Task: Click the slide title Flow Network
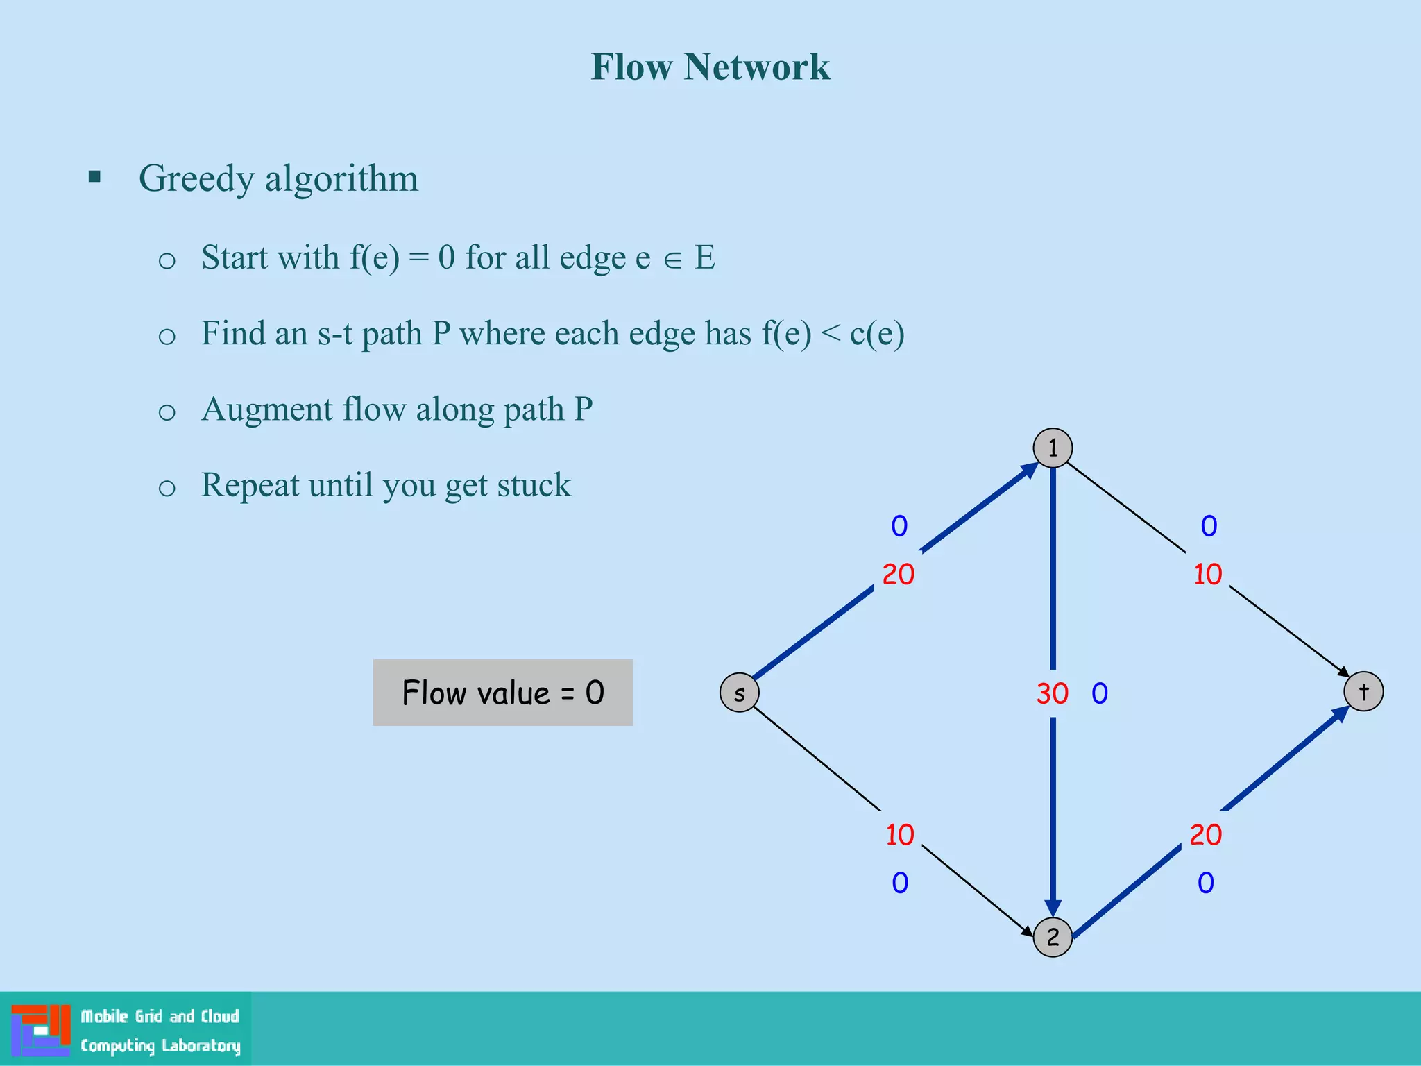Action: click(x=710, y=67)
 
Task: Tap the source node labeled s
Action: click(x=740, y=693)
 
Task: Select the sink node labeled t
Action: click(x=1363, y=692)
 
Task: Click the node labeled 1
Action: click(x=1053, y=448)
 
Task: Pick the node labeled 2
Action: click(x=1053, y=937)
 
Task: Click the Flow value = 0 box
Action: click(x=502, y=693)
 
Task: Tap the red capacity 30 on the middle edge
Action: click(x=1052, y=693)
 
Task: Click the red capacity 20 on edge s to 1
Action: click(x=898, y=575)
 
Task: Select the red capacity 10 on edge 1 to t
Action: click(x=1207, y=575)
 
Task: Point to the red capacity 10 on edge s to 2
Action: click(x=900, y=835)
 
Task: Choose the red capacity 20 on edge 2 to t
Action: click(x=1205, y=835)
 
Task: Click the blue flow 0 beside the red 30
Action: click(x=1100, y=693)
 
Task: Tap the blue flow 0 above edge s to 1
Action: click(x=899, y=526)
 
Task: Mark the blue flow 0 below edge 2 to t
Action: click(x=1206, y=883)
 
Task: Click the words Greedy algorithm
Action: click(x=278, y=178)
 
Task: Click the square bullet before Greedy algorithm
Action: click(x=95, y=177)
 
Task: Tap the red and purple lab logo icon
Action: click(x=41, y=1030)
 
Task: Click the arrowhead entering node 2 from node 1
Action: click(x=1053, y=908)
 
